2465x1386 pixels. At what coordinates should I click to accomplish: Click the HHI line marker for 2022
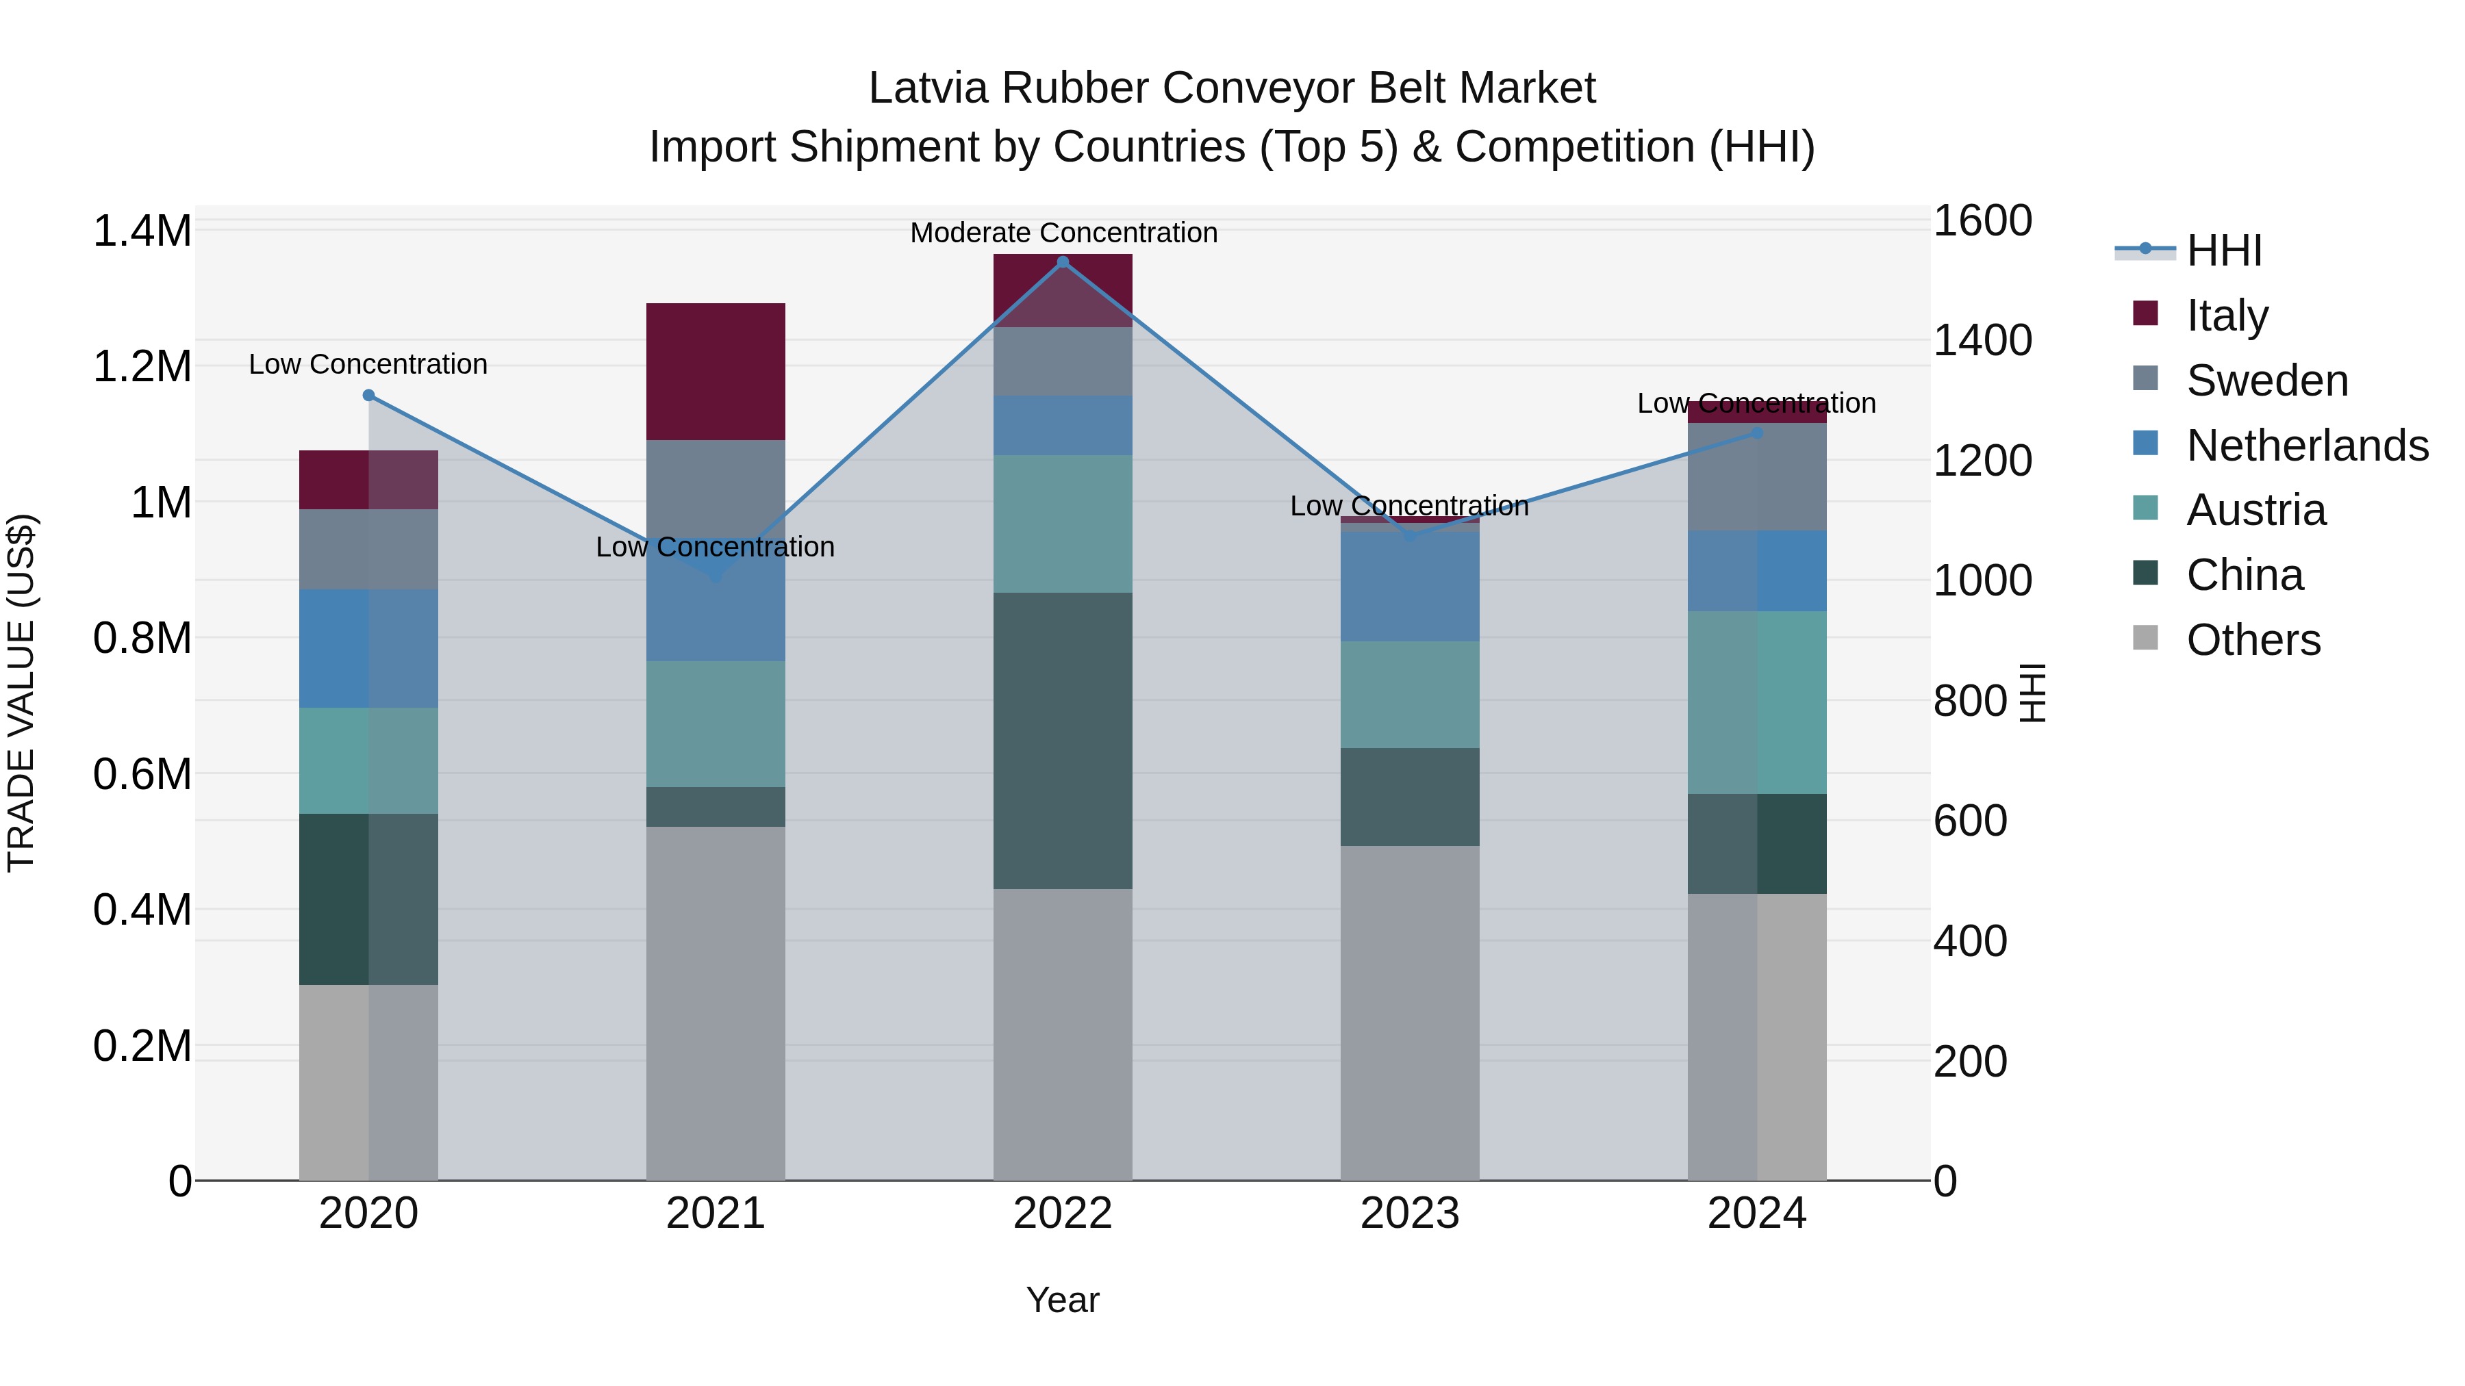[1062, 262]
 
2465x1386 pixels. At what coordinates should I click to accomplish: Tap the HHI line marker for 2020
[368, 395]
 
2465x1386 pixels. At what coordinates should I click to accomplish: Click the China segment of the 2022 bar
[1062, 741]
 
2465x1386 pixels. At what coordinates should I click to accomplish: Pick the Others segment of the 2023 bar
[1410, 1012]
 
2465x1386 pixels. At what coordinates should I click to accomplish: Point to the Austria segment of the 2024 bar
[1757, 702]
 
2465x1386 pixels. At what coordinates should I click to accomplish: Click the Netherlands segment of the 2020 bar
[368, 649]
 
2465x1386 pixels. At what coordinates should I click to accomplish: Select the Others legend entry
[2253, 640]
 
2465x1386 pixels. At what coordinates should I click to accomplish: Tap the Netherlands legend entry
[2307, 446]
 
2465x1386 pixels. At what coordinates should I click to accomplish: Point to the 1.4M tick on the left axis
[142, 231]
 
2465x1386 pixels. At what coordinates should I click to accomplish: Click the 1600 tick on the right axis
[1982, 221]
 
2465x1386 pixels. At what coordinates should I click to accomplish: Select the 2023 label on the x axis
[1410, 1214]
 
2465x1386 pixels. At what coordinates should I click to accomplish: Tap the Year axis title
[1062, 1300]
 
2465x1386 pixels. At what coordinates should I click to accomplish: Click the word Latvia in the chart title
[927, 88]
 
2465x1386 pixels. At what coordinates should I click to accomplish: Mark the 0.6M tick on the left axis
[142, 774]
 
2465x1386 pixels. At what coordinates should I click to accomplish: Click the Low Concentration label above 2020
[368, 364]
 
